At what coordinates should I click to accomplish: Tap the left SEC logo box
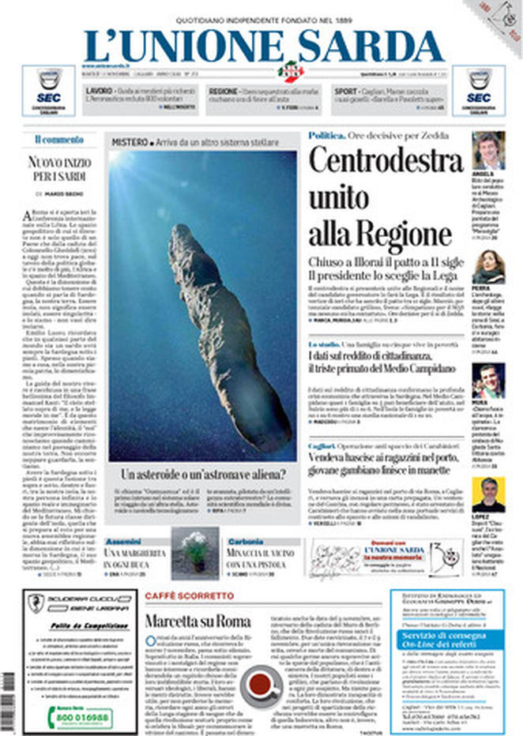click(49, 91)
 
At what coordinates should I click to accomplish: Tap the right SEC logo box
click(478, 91)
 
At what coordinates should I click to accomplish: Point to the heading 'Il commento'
click(58, 140)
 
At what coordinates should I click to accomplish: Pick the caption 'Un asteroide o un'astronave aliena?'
click(203, 475)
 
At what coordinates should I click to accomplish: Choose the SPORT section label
click(344, 92)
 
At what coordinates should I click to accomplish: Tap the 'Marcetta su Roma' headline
click(198, 621)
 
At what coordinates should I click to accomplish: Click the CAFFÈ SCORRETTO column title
click(190, 595)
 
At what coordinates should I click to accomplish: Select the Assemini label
click(122, 543)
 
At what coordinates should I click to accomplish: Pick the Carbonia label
click(245, 543)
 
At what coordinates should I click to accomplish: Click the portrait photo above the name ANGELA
click(488, 150)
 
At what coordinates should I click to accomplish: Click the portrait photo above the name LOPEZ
click(488, 494)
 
